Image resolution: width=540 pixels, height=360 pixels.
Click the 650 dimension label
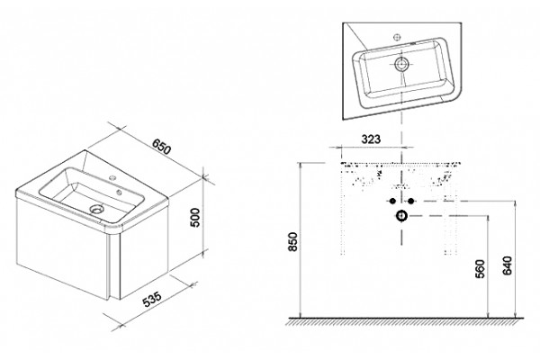click(x=161, y=147)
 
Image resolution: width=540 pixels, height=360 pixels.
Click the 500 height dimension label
click(x=195, y=218)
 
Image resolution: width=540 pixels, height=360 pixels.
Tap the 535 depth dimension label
click(x=152, y=299)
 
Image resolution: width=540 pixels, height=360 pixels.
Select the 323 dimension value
click(x=371, y=139)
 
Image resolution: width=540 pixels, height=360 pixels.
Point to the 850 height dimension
click(x=292, y=241)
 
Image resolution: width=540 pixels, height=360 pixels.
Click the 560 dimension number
click(x=480, y=269)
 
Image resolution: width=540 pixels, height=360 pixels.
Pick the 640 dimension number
click(x=508, y=265)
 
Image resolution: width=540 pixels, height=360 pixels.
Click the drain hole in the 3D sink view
click(x=97, y=209)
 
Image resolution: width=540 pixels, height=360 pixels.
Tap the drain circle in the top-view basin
click(x=401, y=64)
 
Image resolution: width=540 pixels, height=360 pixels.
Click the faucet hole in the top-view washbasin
click(x=397, y=38)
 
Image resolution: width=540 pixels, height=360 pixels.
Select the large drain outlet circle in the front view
click(x=401, y=216)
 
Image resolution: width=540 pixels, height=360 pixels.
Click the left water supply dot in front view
click(x=392, y=201)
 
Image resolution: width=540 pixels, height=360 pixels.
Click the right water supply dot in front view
click(x=410, y=201)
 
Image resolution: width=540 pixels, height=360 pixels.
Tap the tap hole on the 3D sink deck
click(x=112, y=178)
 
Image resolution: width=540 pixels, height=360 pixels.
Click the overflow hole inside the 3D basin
click(x=119, y=193)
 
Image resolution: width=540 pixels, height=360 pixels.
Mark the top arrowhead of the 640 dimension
click(x=515, y=204)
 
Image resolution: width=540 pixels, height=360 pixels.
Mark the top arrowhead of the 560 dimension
click(x=488, y=219)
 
